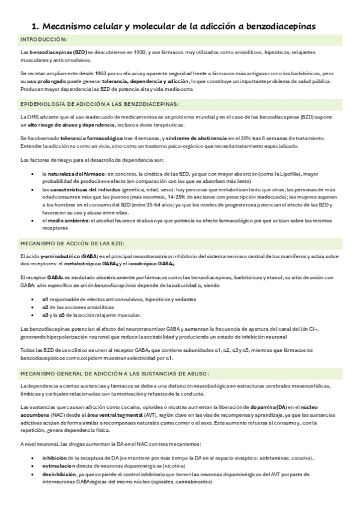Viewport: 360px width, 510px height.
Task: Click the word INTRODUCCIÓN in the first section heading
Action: pos(43,40)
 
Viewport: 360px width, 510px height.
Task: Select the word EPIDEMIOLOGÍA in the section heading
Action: pos(47,103)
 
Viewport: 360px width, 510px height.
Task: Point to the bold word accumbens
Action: pos(35,414)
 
